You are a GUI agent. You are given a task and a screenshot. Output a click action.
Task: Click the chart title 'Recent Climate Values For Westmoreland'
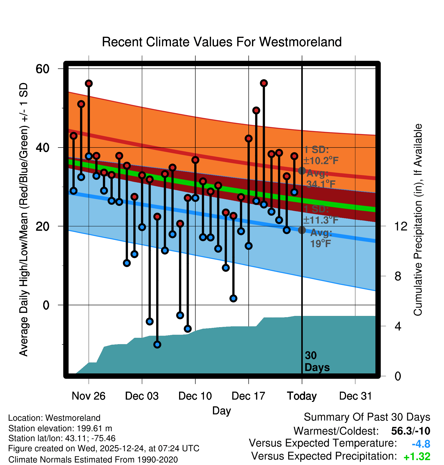click(x=221, y=42)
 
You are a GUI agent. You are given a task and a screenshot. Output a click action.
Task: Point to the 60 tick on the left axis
click(x=42, y=69)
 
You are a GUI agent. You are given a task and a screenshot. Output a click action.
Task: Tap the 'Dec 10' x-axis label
click(x=195, y=396)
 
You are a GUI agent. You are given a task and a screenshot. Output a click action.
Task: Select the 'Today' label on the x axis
click(x=302, y=396)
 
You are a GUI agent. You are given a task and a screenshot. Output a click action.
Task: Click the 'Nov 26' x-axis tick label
click(x=88, y=396)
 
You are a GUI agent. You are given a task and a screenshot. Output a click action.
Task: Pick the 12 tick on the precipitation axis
click(x=401, y=226)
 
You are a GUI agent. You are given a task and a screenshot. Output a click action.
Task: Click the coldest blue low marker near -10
click(x=157, y=345)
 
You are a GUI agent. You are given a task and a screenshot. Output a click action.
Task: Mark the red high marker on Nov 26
click(x=89, y=83)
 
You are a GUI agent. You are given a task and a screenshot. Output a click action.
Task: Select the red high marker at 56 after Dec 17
click(x=264, y=83)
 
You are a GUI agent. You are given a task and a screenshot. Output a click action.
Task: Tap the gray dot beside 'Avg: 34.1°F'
click(x=302, y=170)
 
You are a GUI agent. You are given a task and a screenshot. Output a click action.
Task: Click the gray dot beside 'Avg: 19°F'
click(x=302, y=230)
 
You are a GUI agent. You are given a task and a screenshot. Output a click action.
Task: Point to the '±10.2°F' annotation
click(x=321, y=161)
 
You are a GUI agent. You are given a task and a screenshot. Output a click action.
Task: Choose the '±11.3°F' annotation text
click(x=321, y=220)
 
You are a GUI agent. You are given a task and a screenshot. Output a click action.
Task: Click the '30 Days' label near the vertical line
click(x=317, y=361)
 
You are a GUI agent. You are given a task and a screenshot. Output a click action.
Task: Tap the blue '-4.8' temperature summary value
click(x=421, y=444)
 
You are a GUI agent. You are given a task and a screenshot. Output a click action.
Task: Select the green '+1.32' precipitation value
click(x=417, y=457)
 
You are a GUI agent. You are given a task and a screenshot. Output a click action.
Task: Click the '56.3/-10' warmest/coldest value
click(x=410, y=431)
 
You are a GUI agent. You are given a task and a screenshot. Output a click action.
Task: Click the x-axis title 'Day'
click(x=221, y=411)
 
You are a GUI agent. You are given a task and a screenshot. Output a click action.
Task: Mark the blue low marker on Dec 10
click(x=195, y=198)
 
